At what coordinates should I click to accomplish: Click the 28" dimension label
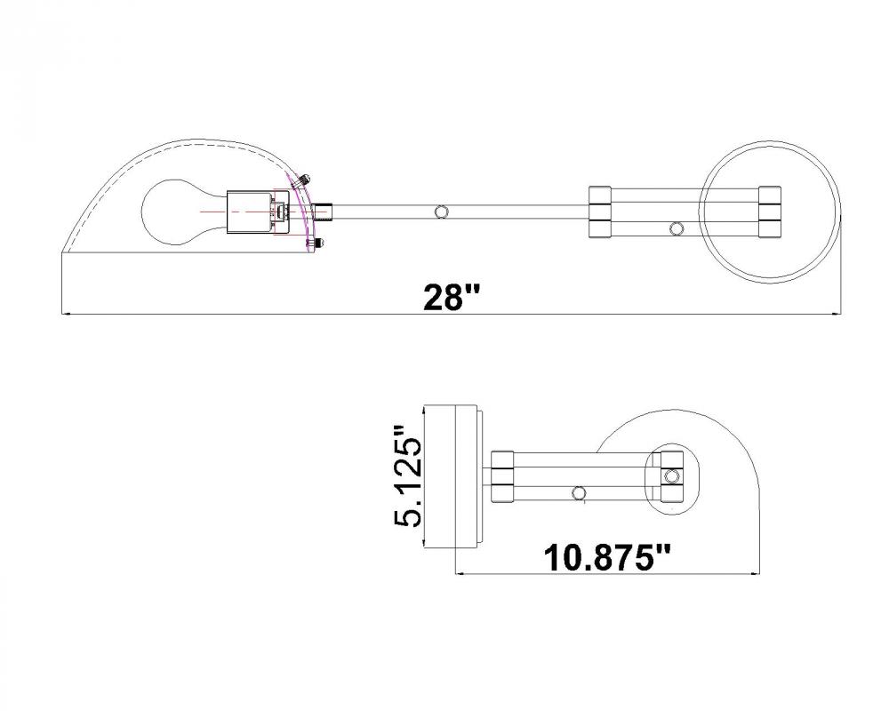point(452,298)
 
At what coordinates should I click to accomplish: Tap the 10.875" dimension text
point(606,558)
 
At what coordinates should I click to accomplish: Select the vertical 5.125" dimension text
point(408,475)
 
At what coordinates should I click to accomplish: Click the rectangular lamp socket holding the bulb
point(249,212)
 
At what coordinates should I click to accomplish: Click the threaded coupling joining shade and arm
point(324,212)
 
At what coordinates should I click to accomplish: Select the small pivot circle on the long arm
point(441,212)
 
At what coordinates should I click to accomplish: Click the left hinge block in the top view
point(599,212)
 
